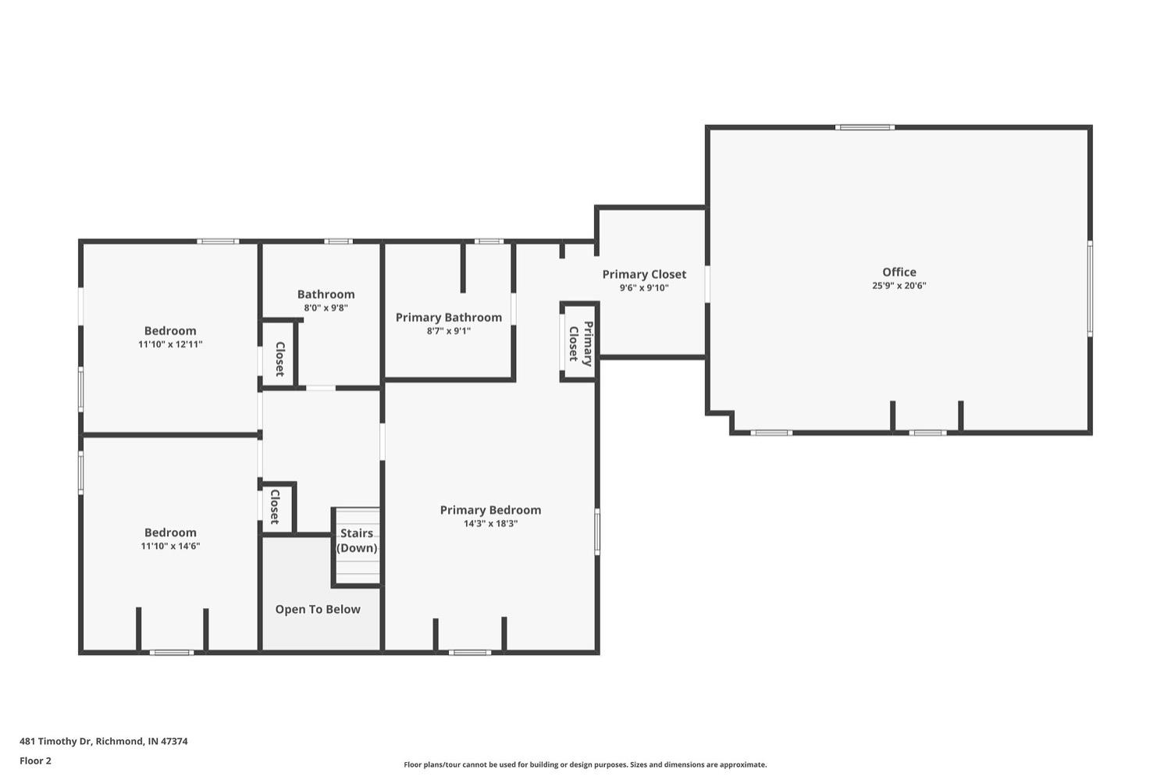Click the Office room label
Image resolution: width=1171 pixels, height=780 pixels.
(x=899, y=272)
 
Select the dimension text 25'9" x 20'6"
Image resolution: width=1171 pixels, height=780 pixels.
(x=899, y=286)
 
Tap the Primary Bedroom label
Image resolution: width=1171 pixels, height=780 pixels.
(x=490, y=510)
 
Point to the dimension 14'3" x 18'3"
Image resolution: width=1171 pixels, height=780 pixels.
(x=490, y=524)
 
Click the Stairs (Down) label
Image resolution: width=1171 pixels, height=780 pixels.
(x=357, y=540)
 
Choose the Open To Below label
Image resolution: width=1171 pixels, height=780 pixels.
(x=318, y=609)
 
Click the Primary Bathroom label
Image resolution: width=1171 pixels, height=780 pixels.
(x=448, y=317)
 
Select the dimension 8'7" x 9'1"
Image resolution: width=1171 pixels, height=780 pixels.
(x=448, y=331)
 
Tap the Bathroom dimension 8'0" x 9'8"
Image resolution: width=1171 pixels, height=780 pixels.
(x=326, y=308)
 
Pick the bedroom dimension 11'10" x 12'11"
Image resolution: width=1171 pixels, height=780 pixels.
(x=170, y=344)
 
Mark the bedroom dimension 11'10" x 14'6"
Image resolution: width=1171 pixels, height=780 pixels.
(x=170, y=547)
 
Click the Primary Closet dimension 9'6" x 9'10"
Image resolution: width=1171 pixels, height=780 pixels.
(x=644, y=288)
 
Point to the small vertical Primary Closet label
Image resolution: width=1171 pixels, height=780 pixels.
(x=580, y=344)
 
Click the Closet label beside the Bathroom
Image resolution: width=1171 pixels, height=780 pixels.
(x=279, y=359)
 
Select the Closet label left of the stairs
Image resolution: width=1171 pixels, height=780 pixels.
(x=275, y=507)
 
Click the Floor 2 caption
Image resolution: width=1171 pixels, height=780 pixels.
(x=35, y=760)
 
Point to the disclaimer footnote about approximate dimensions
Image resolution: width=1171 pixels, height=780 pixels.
(x=585, y=765)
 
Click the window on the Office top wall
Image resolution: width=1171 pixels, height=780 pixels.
(x=864, y=127)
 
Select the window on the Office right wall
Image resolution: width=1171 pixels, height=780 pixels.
(x=1090, y=288)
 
